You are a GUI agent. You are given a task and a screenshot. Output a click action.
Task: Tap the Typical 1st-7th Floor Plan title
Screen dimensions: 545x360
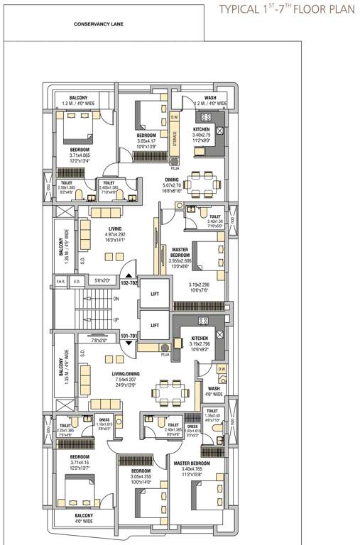[286, 9]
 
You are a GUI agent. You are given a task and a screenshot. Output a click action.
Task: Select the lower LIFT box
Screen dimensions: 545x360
[153, 325]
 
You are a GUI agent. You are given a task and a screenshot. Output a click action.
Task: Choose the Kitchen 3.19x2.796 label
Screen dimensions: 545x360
[198, 343]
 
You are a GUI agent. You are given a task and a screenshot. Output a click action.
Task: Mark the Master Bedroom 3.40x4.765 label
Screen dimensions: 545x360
[197, 466]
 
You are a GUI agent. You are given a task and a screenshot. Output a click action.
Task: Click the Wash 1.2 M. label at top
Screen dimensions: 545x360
[210, 101]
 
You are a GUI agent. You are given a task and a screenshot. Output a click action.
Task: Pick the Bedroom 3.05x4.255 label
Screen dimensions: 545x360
[140, 475]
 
